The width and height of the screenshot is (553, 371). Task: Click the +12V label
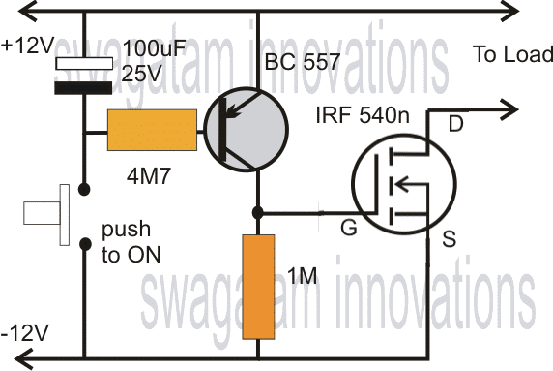coord(27,46)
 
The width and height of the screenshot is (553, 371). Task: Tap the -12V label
coord(25,332)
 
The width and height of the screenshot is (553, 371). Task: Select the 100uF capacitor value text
coord(154,48)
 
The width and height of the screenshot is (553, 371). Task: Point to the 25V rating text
coord(142,74)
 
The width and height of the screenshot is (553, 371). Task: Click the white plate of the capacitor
coord(84,63)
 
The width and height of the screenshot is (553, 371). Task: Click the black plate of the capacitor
coord(83,88)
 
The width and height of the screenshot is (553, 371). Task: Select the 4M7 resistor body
coord(152,130)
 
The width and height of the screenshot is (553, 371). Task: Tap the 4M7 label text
coord(149,176)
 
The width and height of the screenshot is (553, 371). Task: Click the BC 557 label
coord(303,61)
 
